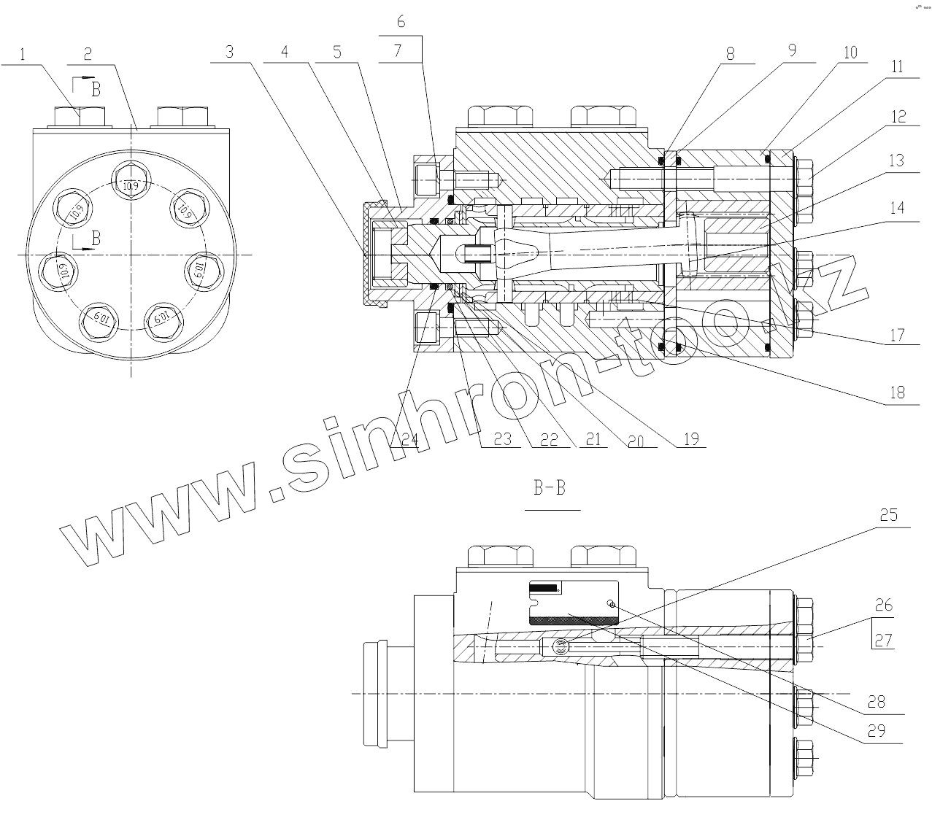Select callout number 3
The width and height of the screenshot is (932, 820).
[x=229, y=52]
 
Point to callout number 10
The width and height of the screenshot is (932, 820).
[x=850, y=53]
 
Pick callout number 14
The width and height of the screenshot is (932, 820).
[x=897, y=207]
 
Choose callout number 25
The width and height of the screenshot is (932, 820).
[x=888, y=514]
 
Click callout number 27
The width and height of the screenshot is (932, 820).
[x=884, y=640]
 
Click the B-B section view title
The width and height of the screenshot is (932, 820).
[x=549, y=488]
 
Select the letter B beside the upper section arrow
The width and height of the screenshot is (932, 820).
[x=96, y=89]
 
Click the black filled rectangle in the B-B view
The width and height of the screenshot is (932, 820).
[x=544, y=588]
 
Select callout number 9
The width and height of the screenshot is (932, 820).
[x=792, y=50]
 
